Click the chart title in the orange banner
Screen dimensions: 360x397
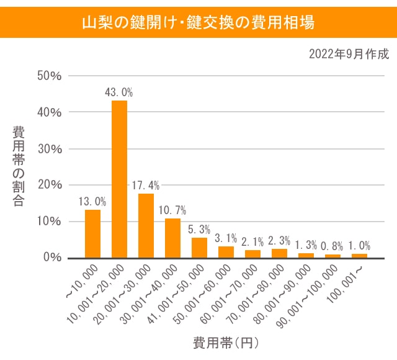pos(198,22)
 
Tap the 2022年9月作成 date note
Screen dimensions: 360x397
pos(349,54)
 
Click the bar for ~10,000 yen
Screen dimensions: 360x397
pos(92,233)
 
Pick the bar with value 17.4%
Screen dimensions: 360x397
pos(146,225)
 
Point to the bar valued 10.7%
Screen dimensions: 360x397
pos(172,238)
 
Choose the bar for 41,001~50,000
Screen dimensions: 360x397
pos(199,248)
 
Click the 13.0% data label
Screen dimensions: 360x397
pos(92,201)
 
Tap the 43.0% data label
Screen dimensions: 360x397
pos(119,92)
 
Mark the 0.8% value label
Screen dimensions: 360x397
pos(332,246)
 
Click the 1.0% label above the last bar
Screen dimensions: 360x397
pos(359,245)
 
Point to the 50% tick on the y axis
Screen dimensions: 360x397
pos(49,76)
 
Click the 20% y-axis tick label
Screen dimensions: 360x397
pos(49,185)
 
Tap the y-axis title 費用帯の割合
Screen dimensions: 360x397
pos(19,166)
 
